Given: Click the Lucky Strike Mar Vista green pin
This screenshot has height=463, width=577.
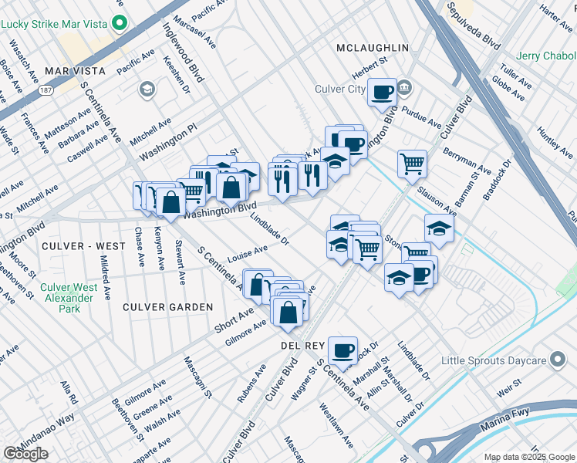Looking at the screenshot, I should (119, 23).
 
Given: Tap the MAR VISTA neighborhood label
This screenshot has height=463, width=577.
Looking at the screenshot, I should (73, 70).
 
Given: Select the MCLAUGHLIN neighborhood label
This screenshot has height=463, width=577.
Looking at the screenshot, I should (373, 48).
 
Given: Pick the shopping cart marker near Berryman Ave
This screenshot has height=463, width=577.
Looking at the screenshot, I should (413, 163).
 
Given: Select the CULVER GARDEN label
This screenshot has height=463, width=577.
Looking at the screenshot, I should (168, 307).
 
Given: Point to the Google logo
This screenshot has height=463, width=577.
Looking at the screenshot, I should (25, 454).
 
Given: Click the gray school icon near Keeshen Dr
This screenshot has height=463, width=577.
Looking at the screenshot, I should (146, 91).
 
